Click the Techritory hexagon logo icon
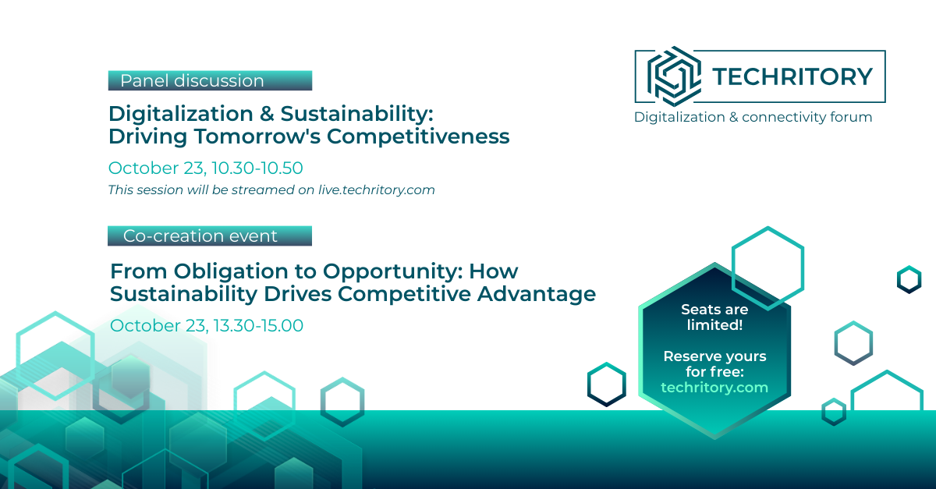click(674, 76)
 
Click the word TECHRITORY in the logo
click(792, 77)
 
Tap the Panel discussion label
click(210, 80)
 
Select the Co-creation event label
click(210, 236)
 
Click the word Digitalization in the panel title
click(181, 114)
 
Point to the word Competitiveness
click(418, 136)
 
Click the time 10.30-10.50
click(257, 168)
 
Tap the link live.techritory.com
click(377, 190)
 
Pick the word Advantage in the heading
click(537, 294)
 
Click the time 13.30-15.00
click(258, 325)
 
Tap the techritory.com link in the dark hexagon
click(714, 388)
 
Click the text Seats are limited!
click(714, 317)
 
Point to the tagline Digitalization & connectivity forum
click(753, 118)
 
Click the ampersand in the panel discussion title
click(267, 114)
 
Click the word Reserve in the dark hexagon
click(690, 356)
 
